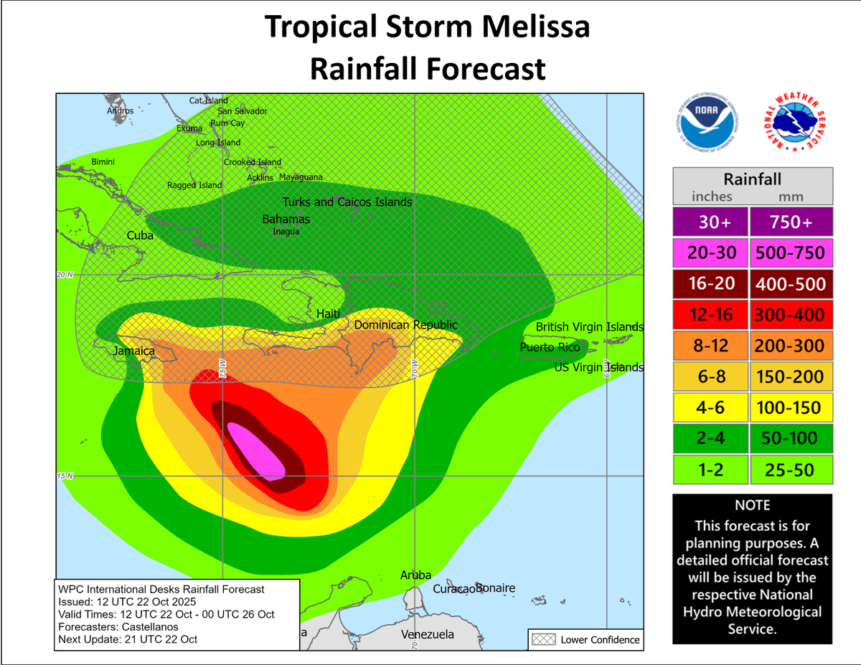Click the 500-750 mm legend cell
pos(791,253)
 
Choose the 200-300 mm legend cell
pos(791,346)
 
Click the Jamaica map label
pos(133,352)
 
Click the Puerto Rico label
pos(550,347)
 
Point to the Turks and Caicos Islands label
pos(347,202)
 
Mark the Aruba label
pos(415,575)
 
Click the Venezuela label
pos(428,635)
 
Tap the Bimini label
pos(103,162)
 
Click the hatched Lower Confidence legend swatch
pos(542,639)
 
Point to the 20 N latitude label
pos(65,275)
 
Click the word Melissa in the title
pos(532,27)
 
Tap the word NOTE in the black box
pos(752,505)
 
